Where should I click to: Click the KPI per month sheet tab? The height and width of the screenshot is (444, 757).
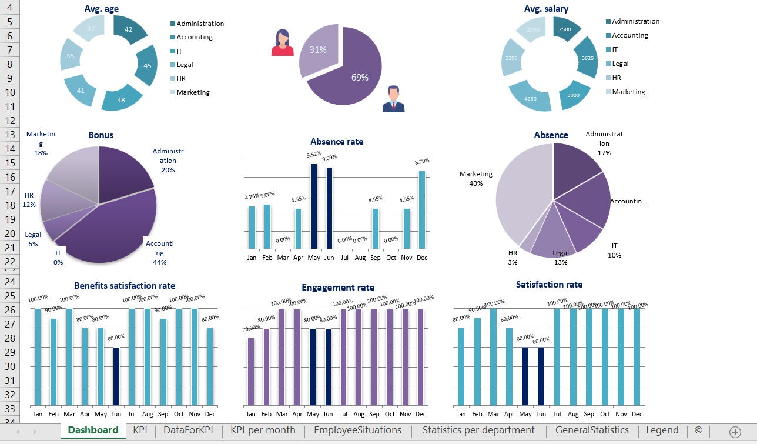(x=263, y=430)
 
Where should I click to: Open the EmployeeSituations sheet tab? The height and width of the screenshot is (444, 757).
(x=357, y=430)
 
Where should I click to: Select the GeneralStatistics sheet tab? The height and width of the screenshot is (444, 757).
(x=592, y=430)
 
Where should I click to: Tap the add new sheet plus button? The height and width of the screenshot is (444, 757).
(x=735, y=432)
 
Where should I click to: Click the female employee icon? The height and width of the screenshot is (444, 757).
(x=282, y=43)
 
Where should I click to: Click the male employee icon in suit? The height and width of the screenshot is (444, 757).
(x=393, y=99)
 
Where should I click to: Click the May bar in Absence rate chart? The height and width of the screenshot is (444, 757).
(x=314, y=206)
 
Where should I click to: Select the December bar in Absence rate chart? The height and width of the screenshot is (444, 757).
(x=421, y=209)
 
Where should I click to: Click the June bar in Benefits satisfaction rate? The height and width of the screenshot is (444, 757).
(x=116, y=376)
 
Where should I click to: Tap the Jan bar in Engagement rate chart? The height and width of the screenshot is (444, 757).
(x=251, y=371)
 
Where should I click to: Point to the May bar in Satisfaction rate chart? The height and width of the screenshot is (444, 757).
(x=525, y=376)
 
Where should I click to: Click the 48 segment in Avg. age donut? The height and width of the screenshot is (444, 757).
(x=122, y=98)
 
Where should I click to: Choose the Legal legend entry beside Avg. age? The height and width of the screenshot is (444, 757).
(x=184, y=65)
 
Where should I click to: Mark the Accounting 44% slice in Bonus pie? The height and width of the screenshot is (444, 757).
(x=112, y=235)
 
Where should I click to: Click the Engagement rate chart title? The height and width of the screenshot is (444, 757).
(x=338, y=288)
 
